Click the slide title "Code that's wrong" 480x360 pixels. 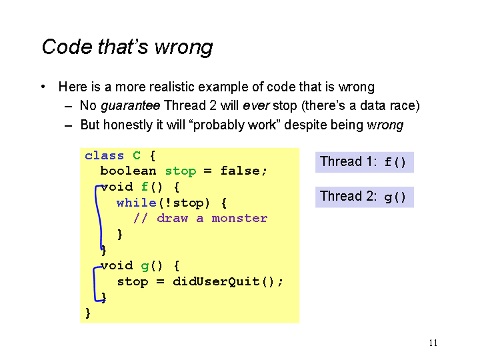tap(127, 47)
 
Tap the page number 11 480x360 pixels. tap(433, 343)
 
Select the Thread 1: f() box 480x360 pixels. tap(364, 162)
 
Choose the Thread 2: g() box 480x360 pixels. tap(364, 197)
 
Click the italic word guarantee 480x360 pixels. tap(131, 106)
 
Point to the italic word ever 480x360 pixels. tap(256, 105)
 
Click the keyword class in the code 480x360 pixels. tap(105, 155)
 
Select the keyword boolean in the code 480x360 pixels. tap(128, 171)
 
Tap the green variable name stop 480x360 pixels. tap(181, 171)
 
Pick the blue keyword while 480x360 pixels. tap(137, 203)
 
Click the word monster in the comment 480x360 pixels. tap(239, 219)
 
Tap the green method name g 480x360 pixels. tap(145, 266)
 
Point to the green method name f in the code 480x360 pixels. tap(145, 187)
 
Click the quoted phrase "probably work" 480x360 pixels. tap(235, 125)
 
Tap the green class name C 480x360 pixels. tap(137, 155)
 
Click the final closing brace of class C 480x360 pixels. tap(88, 313)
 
